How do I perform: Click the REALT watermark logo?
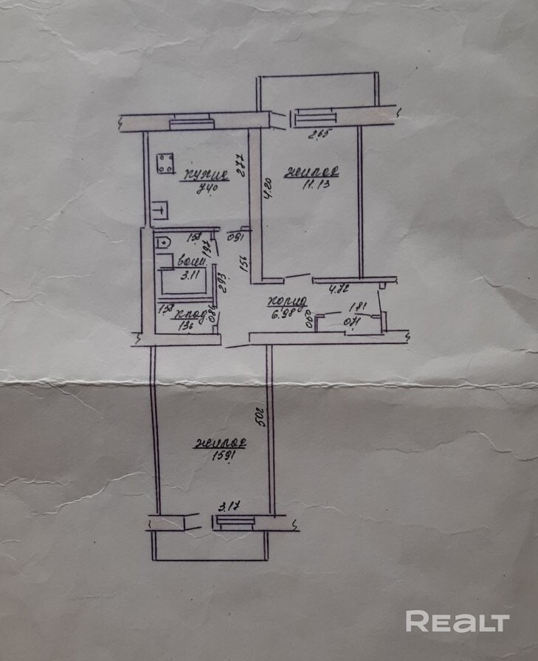pyautogui.click(x=458, y=621)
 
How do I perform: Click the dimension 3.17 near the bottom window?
pyautogui.click(x=227, y=505)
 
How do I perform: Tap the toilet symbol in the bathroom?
pyautogui.click(x=162, y=240)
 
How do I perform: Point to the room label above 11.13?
pyautogui.click(x=314, y=173)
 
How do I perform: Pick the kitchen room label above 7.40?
pyautogui.click(x=205, y=176)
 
